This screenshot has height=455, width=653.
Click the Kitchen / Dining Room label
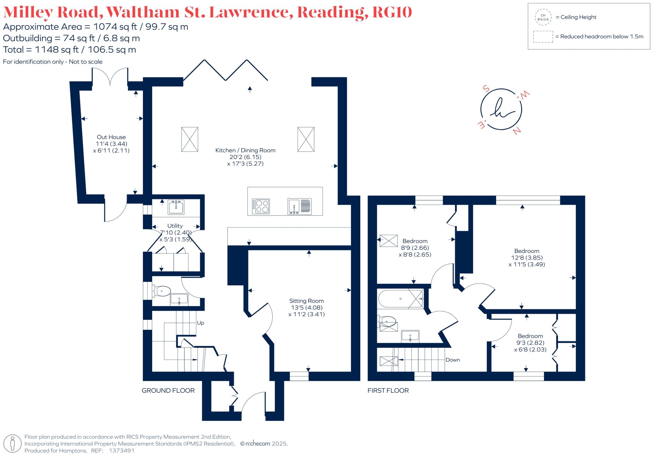[245, 150]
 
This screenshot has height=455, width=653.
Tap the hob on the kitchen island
[261, 206]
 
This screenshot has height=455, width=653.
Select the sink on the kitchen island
[299, 206]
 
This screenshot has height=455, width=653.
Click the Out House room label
[111, 137]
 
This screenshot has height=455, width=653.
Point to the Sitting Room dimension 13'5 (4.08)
[306, 308]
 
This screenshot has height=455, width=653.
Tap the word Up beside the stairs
[201, 323]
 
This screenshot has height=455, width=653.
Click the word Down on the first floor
[452, 360]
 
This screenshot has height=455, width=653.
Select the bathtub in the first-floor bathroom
[400, 299]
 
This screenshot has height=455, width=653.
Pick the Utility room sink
[176, 207]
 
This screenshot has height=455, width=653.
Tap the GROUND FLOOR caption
[168, 391]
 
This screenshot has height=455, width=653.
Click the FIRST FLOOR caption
[388, 391]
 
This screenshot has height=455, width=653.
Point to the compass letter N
[517, 130]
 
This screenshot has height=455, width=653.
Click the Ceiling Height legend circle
[543, 17]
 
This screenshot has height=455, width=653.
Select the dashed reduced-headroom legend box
[543, 37]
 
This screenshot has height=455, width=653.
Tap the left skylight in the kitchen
[189, 139]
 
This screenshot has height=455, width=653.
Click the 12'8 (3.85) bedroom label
[526, 258]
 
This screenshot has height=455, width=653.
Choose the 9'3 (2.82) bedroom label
[530, 343]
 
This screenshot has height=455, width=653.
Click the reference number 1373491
[121, 451]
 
